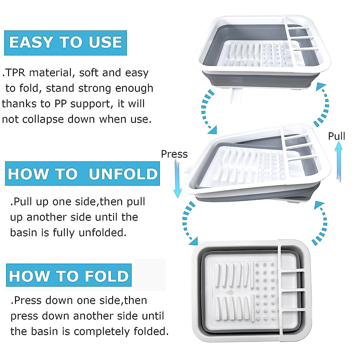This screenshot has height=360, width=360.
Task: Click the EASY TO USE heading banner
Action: (65, 43)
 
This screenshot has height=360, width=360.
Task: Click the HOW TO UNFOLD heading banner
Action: (82, 174)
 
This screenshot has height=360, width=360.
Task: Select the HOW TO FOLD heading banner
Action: (69, 275)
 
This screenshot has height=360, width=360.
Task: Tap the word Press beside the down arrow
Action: (174, 154)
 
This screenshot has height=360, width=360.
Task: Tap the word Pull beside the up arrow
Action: (336, 136)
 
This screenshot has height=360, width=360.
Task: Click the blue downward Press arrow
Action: (177, 178)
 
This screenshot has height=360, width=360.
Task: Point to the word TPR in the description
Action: (16, 73)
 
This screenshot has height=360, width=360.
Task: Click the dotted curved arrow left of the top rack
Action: (208, 111)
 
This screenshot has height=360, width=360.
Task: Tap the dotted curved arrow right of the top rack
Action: (322, 105)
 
